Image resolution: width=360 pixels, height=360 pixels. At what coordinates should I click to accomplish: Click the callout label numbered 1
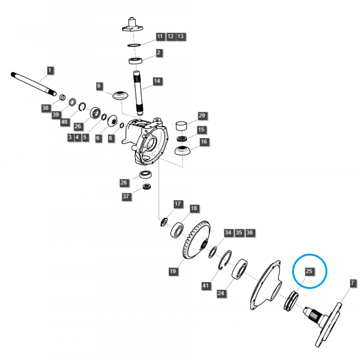click(49, 70)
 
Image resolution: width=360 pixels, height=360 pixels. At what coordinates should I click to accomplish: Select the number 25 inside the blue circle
click(309, 271)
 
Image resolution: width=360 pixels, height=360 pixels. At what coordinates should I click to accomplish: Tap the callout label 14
click(157, 81)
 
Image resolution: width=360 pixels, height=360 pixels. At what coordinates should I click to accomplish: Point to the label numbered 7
click(352, 283)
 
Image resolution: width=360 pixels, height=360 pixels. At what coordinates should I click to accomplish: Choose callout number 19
click(173, 271)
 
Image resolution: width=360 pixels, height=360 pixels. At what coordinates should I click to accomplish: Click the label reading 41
click(206, 286)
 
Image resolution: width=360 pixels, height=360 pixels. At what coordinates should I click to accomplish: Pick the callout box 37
click(126, 197)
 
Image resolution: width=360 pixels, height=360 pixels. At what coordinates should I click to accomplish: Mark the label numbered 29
click(202, 116)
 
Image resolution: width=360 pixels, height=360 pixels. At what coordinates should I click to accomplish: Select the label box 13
click(180, 36)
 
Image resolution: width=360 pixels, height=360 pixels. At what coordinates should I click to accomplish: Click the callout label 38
click(45, 108)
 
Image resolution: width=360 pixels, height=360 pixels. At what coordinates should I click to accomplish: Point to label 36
click(250, 233)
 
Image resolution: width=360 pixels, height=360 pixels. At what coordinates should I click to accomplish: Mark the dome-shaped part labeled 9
click(120, 95)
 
